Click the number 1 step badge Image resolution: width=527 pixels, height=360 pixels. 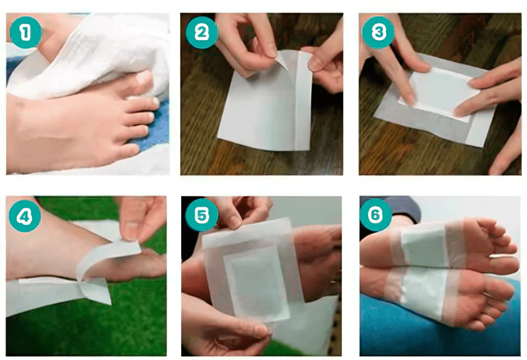(25, 33)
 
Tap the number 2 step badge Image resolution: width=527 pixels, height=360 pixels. (202, 33)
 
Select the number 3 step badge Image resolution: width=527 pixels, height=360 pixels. (378, 33)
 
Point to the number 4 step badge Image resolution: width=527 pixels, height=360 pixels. (25, 216)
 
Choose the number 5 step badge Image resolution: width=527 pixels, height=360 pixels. (202, 215)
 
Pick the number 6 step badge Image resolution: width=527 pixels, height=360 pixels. (375, 215)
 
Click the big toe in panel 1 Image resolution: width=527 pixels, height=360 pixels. (143, 80)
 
